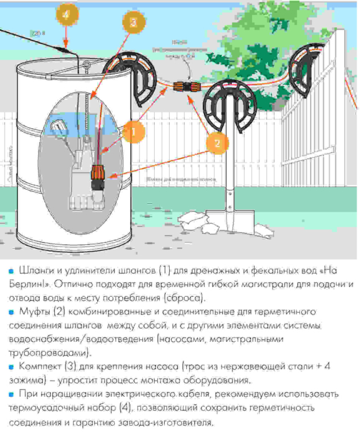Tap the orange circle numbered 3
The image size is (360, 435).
click(x=133, y=23)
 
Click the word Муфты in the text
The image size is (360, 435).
click(x=34, y=313)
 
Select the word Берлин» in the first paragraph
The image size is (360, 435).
click(x=24, y=285)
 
